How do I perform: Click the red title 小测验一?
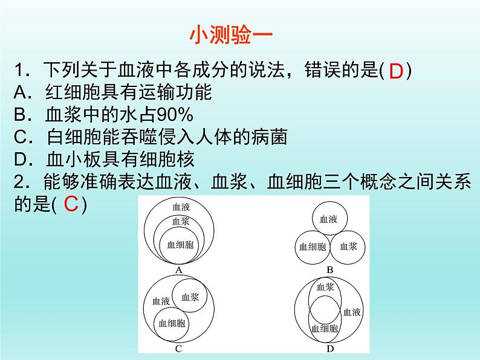point(232,34)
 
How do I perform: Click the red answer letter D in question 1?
point(396,72)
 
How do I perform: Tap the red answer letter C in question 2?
point(71,205)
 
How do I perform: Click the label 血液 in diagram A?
point(181,207)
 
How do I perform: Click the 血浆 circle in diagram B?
point(348,246)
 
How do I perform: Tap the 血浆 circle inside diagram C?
point(190,297)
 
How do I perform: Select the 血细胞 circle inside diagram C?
point(172,323)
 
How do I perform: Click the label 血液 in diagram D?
point(351,312)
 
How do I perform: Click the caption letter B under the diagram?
point(329,270)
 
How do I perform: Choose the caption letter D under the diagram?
point(329,349)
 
